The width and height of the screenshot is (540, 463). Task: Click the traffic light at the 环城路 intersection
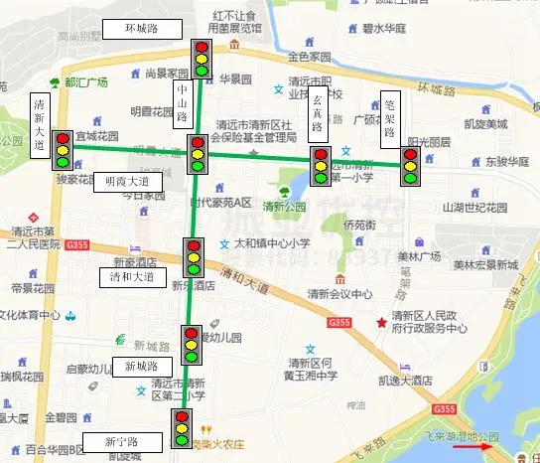pyautogui.click(x=202, y=59)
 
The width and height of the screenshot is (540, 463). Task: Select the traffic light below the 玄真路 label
pyautogui.click(x=321, y=166)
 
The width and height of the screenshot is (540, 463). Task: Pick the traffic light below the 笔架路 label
pyautogui.click(x=410, y=166)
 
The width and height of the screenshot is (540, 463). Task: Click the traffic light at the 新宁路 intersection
pyautogui.click(x=182, y=428)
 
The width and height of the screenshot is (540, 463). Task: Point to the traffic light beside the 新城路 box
pyautogui.click(x=191, y=345)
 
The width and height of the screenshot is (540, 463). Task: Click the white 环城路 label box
pyautogui.click(x=141, y=28)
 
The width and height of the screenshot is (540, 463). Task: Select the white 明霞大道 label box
pyautogui.click(x=127, y=182)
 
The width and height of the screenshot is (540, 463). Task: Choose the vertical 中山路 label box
pyautogui.click(x=182, y=103)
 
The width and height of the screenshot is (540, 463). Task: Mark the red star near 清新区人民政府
pyautogui.click(x=380, y=322)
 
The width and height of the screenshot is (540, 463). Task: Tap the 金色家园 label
pyautogui.click(x=308, y=59)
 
